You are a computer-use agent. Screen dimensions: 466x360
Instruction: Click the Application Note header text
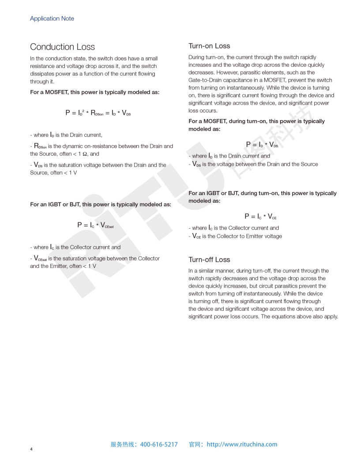52,19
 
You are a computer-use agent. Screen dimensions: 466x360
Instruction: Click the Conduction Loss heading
62,47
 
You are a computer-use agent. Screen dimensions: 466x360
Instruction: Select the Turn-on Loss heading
209,46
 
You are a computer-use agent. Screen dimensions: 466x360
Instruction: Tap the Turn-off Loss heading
209,259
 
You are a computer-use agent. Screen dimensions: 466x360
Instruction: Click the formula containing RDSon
98,113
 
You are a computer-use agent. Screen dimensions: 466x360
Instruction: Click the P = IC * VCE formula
260,216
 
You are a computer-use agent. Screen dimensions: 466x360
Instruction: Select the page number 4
31,449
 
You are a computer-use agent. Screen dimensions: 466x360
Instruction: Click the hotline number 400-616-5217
159,444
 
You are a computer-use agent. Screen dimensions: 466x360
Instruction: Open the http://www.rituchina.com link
242,444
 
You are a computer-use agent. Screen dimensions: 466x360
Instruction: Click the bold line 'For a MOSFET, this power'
94,92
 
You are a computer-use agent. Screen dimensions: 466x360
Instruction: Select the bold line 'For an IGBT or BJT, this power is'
101,204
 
